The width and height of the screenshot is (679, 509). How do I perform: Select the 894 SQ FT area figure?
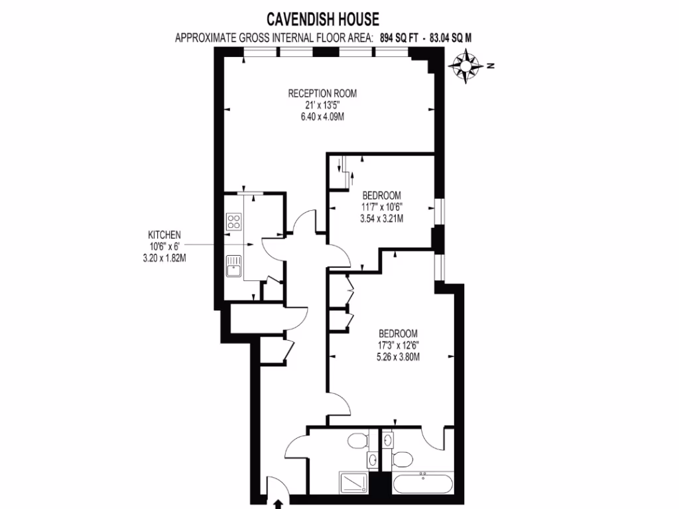400,38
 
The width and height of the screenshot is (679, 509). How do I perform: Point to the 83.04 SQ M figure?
451,38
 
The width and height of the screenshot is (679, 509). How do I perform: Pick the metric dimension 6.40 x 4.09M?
322,116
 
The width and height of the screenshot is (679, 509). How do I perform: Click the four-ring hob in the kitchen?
233,221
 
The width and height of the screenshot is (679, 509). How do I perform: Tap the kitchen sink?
233,267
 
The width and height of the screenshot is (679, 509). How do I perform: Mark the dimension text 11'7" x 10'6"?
382,207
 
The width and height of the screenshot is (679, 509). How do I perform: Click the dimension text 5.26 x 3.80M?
398,356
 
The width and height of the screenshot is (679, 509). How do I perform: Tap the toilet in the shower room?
359,439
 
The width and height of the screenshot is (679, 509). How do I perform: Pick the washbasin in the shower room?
373,460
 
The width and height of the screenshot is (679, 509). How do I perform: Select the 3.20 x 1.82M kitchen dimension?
164,258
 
